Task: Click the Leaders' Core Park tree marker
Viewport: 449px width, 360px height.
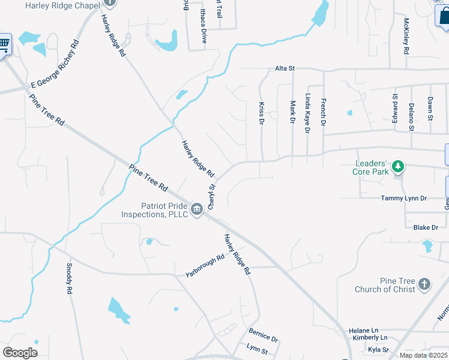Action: (398, 166)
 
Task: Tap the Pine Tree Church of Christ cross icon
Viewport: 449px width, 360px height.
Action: (424, 284)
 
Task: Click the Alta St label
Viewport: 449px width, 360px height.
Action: (285, 68)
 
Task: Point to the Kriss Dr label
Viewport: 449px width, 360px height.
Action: (262, 113)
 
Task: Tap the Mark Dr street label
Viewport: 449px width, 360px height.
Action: (292, 112)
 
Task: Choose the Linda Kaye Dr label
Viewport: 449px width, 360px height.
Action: (307, 113)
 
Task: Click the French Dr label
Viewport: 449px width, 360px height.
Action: (323, 112)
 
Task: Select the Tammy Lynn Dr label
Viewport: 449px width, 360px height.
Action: (403, 198)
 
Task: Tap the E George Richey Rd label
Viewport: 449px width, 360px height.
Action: (55, 64)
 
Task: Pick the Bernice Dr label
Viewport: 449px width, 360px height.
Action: (263, 335)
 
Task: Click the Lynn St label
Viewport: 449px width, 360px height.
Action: (257, 349)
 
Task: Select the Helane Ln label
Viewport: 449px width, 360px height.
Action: (367, 330)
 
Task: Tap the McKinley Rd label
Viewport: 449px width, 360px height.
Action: (406, 37)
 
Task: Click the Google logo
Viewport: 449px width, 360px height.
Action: (20, 352)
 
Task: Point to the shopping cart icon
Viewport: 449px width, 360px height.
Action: (4, 44)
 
